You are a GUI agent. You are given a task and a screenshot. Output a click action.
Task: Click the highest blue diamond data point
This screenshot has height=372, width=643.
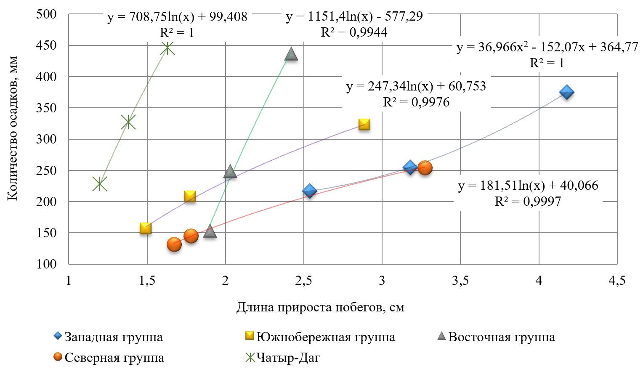tap(567, 93)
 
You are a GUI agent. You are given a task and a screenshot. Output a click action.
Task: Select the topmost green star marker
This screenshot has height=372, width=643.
tap(167, 48)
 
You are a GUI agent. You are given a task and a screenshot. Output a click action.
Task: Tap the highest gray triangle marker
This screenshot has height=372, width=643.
tap(291, 54)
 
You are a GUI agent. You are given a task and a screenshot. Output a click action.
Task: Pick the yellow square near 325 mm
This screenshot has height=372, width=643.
tap(364, 125)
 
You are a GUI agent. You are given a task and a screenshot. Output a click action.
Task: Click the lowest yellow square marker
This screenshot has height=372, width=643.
tap(145, 229)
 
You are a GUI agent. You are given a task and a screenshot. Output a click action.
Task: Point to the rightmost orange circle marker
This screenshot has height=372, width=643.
tap(425, 168)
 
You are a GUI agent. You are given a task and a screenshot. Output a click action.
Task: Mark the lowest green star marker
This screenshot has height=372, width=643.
tap(100, 184)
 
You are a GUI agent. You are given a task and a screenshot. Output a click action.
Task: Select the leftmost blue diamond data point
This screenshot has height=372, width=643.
tap(310, 191)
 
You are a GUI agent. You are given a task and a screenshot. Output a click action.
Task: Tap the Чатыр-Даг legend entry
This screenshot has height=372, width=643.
tap(288, 358)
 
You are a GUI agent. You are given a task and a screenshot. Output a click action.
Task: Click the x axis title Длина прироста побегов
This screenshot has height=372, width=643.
tap(320, 307)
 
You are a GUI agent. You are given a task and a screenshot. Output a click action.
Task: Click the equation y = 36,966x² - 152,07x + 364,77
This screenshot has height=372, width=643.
tap(547, 47)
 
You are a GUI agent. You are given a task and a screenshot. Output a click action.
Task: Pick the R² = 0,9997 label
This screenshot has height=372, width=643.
tap(528, 202)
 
